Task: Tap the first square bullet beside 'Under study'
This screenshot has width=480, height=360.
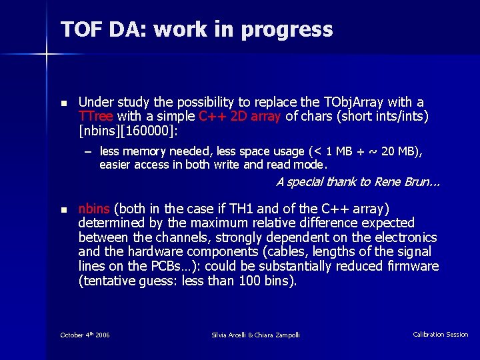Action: click(x=64, y=103)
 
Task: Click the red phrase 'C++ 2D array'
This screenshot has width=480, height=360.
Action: click(x=241, y=116)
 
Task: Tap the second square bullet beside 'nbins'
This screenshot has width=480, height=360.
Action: click(x=64, y=210)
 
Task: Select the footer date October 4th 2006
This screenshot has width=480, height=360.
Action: click(x=85, y=334)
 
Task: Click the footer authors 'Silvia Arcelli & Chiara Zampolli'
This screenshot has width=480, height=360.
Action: click(x=255, y=335)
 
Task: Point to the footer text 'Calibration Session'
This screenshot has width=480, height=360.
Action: click(x=441, y=335)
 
